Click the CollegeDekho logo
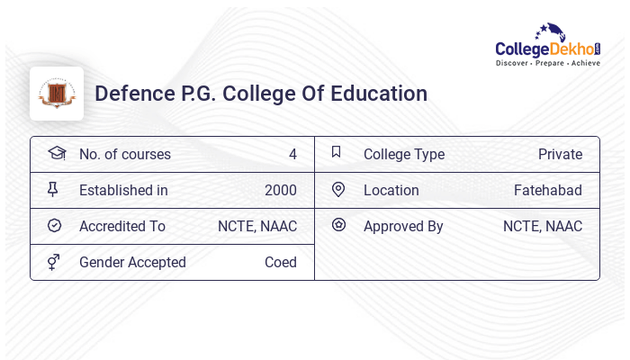click(x=548, y=46)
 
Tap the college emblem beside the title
click(x=57, y=94)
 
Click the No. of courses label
click(x=124, y=155)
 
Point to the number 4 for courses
click(x=292, y=155)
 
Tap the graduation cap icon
click(x=57, y=153)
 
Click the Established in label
click(x=123, y=191)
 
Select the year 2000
click(x=280, y=191)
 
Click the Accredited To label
click(x=122, y=227)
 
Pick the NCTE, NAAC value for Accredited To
click(x=256, y=227)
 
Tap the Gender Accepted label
click(x=132, y=263)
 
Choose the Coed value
click(x=280, y=263)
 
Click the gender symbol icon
click(x=54, y=262)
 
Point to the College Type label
click(x=404, y=155)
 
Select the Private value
click(x=560, y=155)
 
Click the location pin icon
click(x=338, y=190)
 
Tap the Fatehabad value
click(x=547, y=191)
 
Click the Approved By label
click(x=403, y=227)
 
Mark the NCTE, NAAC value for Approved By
click(x=542, y=227)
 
